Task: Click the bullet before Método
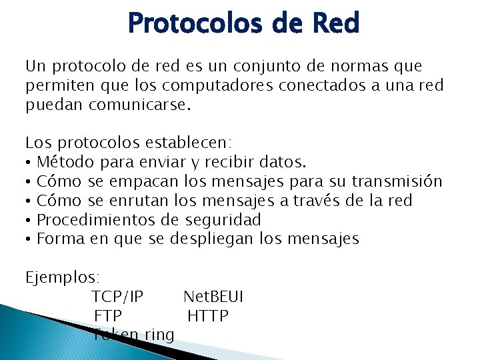[x=29, y=162]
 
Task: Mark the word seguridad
[x=223, y=220]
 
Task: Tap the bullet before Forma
[x=29, y=239]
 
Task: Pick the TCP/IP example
[x=117, y=296]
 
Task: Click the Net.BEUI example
[x=213, y=296]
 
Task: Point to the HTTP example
[x=207, y=315]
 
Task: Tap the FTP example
[x=108, y=315]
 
